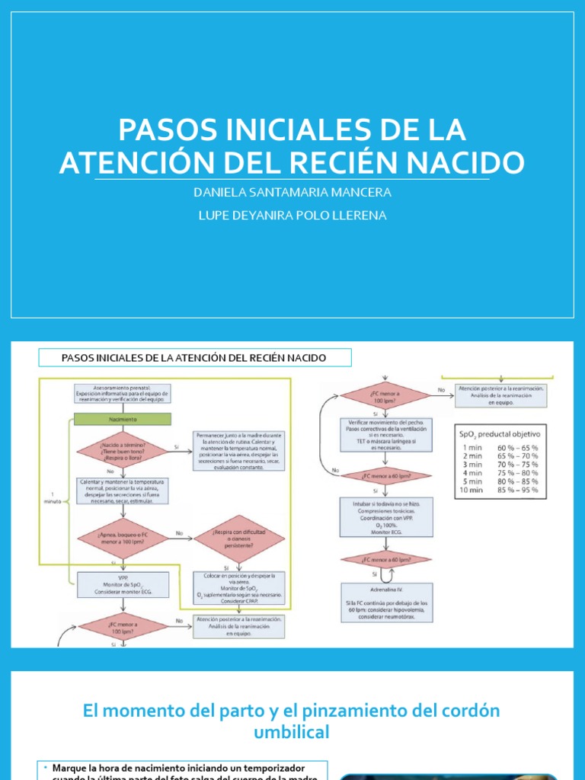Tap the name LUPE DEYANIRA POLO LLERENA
click(x=292, y=216)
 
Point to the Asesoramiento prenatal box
click(x=123, y=393)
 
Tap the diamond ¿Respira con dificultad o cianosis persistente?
click(x=239, y=538)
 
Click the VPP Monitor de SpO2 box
click(x=122, y=584)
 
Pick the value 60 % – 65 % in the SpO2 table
click(x=518, y=448)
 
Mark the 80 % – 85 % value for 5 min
click(x=518, y=481)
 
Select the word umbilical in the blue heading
click(x=292, y=733)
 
